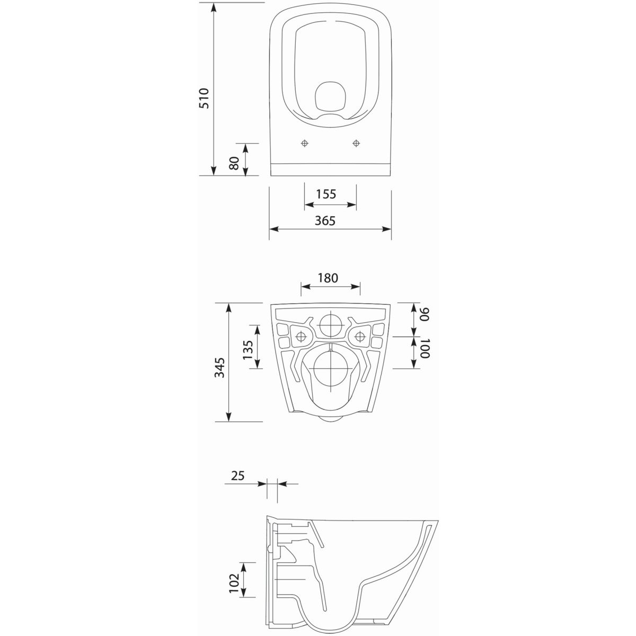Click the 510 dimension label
click(x=204, y=99)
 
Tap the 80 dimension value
click(x=234, y=163)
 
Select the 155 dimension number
click(x=326, y=194)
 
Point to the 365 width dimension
click(x=325, y=220)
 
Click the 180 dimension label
click(x=328, y=278)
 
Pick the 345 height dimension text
click(x=219, y=367)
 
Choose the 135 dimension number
click(x=248, y=350)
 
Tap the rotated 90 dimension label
click(x=425, y=314)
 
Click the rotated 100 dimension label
click(x=425, y=348)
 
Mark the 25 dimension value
click(x=237, y=475)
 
